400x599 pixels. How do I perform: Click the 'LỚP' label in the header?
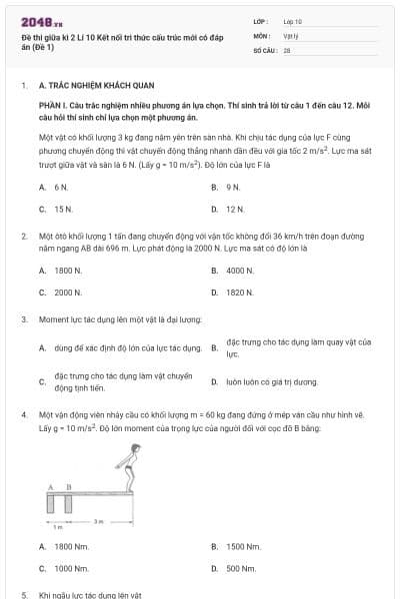261,20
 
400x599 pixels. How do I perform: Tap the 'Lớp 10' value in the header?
293,20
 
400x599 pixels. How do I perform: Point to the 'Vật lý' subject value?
291,34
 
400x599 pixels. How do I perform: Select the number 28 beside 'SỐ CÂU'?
287,49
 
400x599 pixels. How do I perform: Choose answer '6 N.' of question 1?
61,187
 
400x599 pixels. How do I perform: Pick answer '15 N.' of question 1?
63,210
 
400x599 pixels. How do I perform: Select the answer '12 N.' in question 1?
235,210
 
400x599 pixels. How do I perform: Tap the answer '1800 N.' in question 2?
67,270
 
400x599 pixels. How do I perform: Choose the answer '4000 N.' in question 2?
240,270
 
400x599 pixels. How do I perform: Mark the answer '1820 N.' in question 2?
240,293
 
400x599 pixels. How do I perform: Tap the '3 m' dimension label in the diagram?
98,521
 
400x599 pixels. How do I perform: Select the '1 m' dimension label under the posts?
57,527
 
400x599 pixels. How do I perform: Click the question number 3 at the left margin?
23,319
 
